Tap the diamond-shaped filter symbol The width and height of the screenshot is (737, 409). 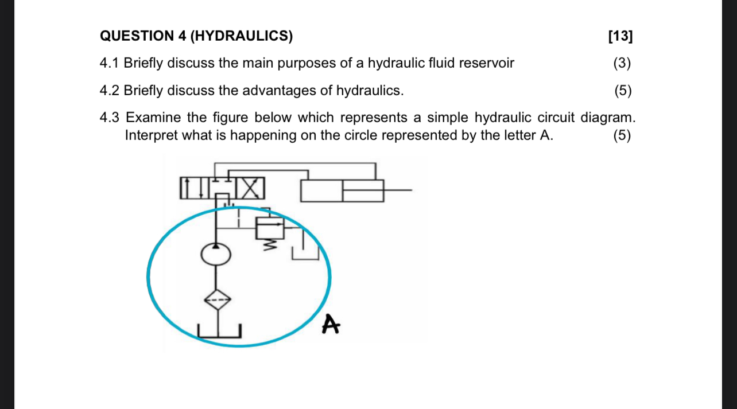pos(216,299)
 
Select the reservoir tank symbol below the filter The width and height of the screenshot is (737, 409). pos(220,330)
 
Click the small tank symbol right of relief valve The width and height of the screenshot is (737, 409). pos(305,252)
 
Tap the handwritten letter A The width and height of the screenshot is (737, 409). pos(330,324)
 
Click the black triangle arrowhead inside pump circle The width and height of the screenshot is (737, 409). pos(216,246)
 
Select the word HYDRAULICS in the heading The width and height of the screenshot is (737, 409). pos(241,36)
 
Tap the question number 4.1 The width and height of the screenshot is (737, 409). pos(109,63)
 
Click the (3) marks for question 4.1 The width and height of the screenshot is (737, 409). pos(622,63)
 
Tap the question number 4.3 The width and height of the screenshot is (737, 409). pos(109,118)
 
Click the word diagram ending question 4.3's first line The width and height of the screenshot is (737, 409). pos(607,118)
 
